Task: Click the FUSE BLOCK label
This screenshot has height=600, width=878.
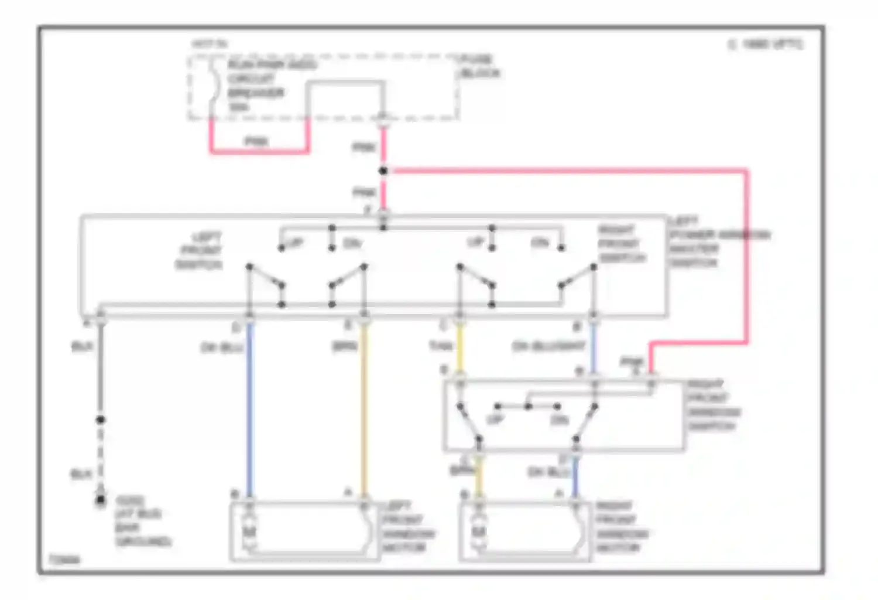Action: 479,66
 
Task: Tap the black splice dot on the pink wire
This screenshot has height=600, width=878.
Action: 383,171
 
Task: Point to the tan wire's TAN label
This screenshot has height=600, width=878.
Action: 441,346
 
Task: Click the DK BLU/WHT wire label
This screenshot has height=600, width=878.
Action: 548,346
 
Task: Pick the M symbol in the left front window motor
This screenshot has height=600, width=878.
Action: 249,531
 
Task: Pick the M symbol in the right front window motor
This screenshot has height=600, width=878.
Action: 479,531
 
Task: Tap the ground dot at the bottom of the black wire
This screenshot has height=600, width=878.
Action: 101,500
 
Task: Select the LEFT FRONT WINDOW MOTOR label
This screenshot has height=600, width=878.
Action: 408,526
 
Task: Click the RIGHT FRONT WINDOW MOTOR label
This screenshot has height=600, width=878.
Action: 622,526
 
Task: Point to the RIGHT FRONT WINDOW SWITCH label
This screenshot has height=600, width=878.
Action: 713,405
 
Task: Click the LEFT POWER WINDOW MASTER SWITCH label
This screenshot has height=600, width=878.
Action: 719,242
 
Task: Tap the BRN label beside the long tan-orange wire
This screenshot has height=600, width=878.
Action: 345,347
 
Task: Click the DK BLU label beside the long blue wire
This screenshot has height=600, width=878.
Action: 221,347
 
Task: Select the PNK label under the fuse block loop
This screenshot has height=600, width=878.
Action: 256,141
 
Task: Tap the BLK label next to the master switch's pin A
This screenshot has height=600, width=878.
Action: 82,347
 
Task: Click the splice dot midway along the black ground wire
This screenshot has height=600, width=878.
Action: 101,420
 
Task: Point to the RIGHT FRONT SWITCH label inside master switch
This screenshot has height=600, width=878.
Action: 620,244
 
